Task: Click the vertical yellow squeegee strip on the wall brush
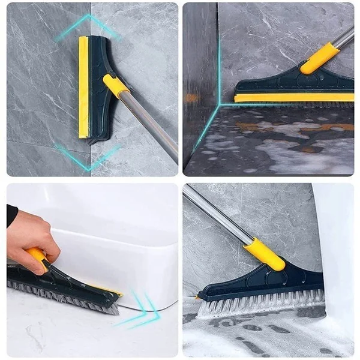point(83,87)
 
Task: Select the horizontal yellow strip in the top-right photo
point(294,97)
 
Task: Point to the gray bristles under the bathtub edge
point(66,294)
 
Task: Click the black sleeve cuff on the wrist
point(11,215)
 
